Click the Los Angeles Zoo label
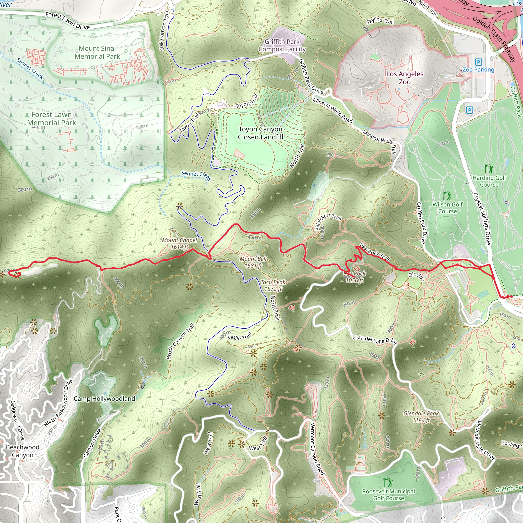[x=405, y=78]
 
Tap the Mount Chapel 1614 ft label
[x=179, y=243]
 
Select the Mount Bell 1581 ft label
[x=253, y=262]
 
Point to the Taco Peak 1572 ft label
[x=273, y=285]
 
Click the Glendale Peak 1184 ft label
[x=421, y=417]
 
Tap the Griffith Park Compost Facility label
[x=282, y=45]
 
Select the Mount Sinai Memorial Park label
[x=97, y=52]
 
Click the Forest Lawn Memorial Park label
[x=51, y=118]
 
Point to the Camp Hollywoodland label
[x=104, y=398]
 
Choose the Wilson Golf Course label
[x=447, y=208]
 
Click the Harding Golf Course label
[x=489, y=181]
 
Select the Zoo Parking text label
[x=478, y=69]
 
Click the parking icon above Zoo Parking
[x=478, y=62]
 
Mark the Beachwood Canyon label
[x=22, y=451]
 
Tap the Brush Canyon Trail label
[x=181, y=341]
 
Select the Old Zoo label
[x=416, y=276]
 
